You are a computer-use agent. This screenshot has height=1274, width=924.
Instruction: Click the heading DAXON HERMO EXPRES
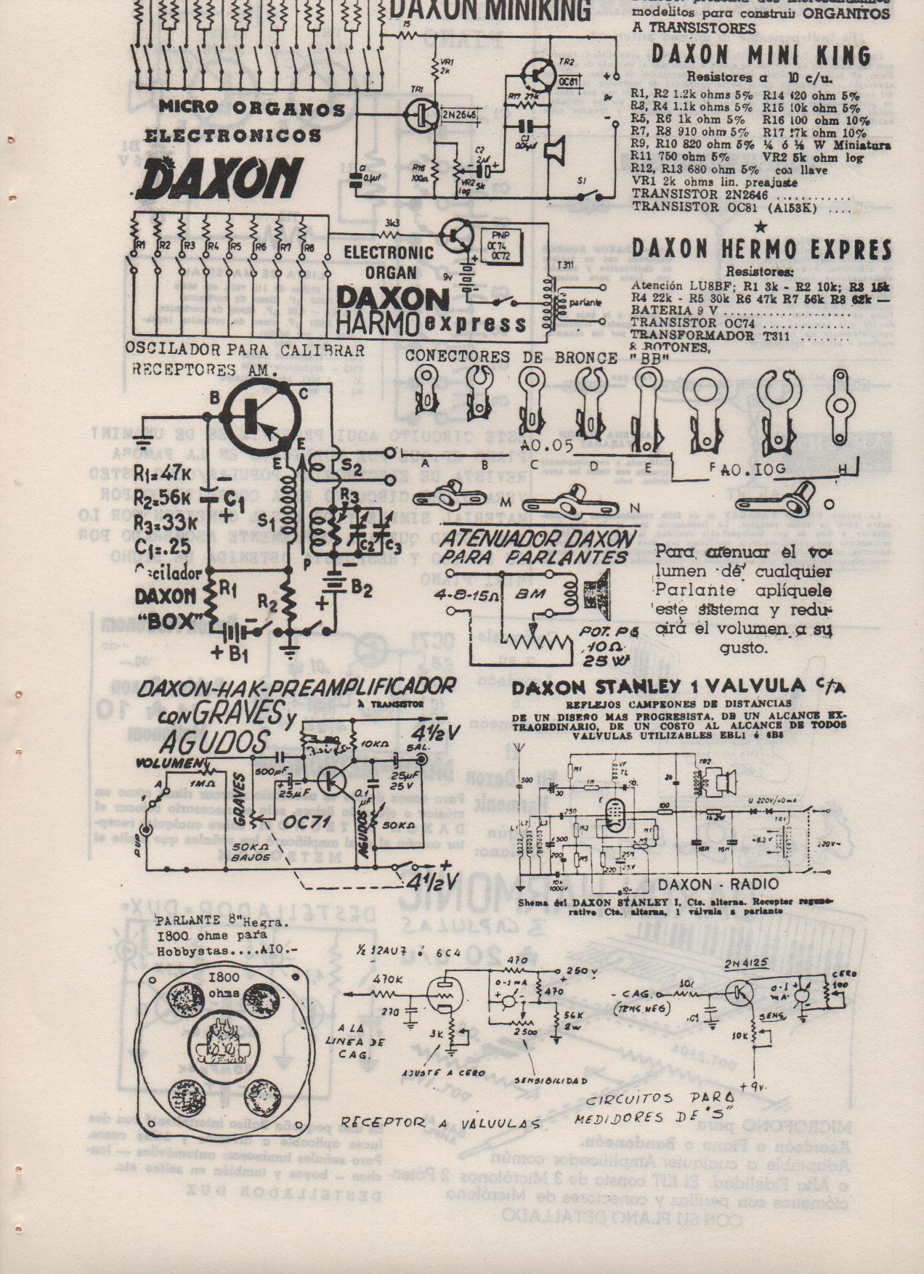coord(761,249)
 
